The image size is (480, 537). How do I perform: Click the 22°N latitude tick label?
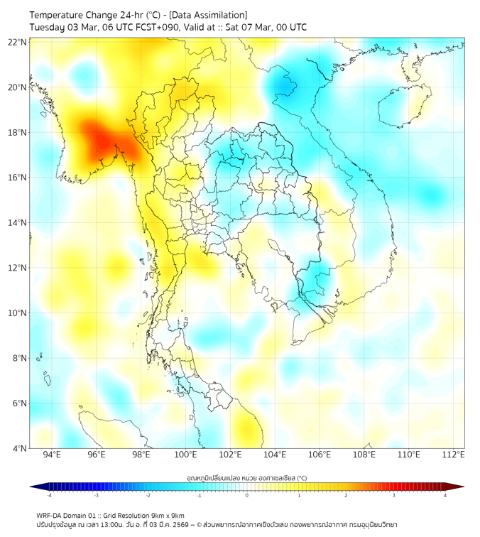point(18,42)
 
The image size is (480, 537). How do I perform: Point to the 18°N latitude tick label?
point(18,132)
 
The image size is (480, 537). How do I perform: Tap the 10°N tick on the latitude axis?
point(18,313)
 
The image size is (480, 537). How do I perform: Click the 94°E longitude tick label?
point(52,454)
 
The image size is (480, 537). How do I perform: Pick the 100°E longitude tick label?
point(185,454)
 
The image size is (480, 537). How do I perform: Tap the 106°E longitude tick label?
point(320,454)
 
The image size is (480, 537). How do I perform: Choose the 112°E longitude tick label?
point(454,454)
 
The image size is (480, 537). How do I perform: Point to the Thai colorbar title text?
point(246,478)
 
